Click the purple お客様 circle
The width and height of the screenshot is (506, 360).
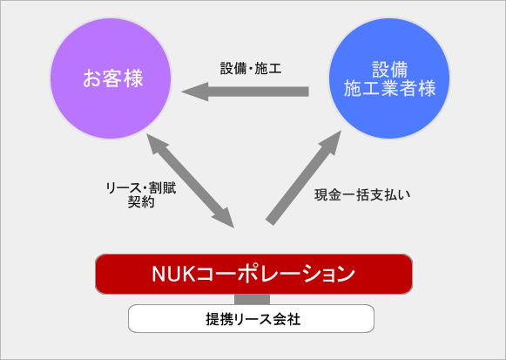click(x=111, y=78)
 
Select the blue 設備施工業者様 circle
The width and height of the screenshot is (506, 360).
click(x=389, y=78)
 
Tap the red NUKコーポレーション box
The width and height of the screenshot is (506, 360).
click(x=253, y=274)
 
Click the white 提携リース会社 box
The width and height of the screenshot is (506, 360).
click(x=251, y=318)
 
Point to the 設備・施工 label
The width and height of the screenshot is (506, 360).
click(x=251, y=69)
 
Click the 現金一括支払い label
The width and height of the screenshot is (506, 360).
click(x=362, y=195)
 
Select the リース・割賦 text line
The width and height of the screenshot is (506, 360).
click(x=141, y=188)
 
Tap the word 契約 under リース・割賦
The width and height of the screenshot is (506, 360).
click(x=141, y=202)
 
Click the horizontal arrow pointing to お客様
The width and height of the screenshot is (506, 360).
click(x=245, y=92)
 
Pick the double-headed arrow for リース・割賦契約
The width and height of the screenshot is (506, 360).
click(x=191, y=181)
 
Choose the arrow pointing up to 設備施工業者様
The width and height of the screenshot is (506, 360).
click(x=304, y=178)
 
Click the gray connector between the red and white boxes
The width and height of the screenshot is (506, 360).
click(x=252, y=299)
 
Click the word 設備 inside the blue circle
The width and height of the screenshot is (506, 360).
click(x=389, y=70)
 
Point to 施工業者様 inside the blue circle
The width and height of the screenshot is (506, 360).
click(x=389, y=88)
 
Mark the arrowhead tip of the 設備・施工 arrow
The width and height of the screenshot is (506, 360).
click(x=182, y=92)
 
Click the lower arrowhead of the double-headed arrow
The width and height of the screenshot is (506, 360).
click(x=234, y=228)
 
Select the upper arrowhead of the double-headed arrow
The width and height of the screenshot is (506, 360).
click(x=147, y=134)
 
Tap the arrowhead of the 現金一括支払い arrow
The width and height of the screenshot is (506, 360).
click(x=341, y=131)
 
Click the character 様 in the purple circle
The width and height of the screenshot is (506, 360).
click(x=133, y=78)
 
